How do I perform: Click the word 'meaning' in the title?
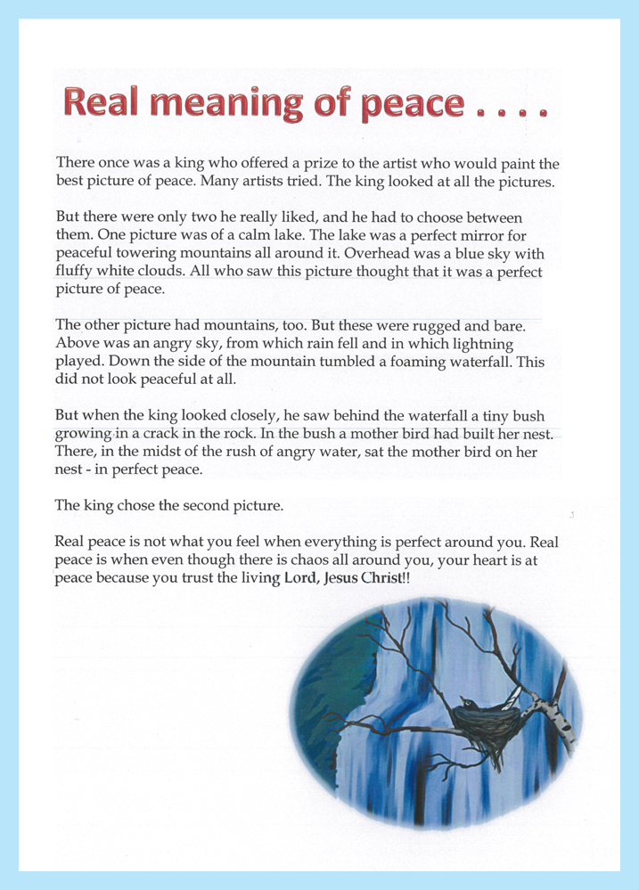222,105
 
